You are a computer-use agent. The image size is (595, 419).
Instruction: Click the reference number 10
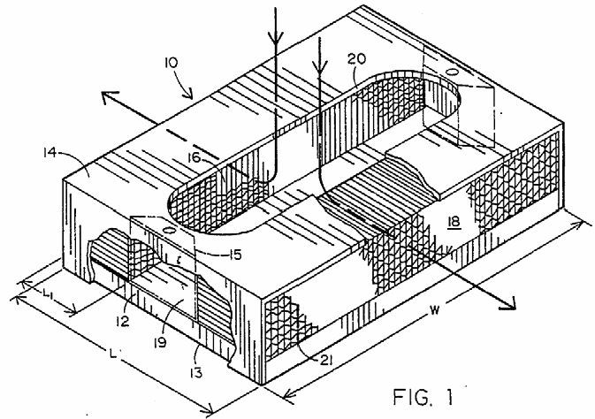coord(172,63)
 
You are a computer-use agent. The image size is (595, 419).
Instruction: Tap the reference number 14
coord(50,153)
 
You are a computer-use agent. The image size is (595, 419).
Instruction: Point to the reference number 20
coord(357,58)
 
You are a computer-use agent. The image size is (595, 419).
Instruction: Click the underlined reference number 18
coord(454,222)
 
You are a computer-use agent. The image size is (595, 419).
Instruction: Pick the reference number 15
coord(235,255)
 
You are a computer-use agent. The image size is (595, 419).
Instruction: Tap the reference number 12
coord(123,321)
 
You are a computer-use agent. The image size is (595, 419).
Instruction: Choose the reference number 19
coord(160,343)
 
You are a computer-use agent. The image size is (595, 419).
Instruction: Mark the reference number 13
coord(195,372)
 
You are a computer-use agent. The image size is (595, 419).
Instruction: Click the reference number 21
coord(325,360)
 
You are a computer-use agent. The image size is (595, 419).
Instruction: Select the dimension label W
coord(435,310)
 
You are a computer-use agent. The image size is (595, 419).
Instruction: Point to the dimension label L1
coord(49,293)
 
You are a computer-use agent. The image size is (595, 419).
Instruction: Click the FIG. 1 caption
coord(423,397)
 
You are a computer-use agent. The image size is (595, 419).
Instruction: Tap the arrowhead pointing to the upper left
coord(107,97)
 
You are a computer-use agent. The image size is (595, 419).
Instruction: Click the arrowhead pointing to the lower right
coord(509,302)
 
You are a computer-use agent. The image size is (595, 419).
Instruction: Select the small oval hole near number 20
coord(452,71)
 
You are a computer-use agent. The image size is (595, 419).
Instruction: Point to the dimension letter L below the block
coord(112,354)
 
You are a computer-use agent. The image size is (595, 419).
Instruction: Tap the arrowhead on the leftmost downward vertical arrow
coord(276,38)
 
